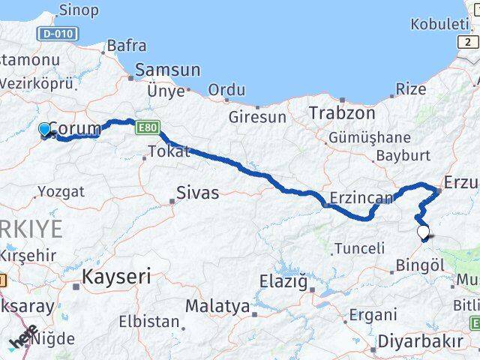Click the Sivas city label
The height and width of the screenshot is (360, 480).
tap(198, 193)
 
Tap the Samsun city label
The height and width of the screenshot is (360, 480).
tap(167, 70)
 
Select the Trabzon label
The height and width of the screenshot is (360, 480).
tap(341, 113)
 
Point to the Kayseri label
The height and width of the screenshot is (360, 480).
tap(116, 276)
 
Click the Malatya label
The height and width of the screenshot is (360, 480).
tap(217, 306)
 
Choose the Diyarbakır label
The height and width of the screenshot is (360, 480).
tap(419, 340)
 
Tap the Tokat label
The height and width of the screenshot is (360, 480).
tap(169, 151)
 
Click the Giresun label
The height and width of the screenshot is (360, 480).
tap(257, 117)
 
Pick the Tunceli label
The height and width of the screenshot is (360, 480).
tap(358, 248)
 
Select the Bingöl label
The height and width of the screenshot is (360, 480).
tap(421, 265)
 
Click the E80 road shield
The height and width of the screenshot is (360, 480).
tap(146, 130)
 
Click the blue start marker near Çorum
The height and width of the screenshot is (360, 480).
tap(45, 129)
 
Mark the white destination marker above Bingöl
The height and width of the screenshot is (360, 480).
tap(424, 232)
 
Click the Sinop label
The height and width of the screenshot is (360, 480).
tap(78, 10)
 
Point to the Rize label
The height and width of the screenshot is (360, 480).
tap(410, 89)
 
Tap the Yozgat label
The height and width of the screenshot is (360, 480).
tap(61, 191)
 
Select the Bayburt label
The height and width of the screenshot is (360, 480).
tap(403, 156)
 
